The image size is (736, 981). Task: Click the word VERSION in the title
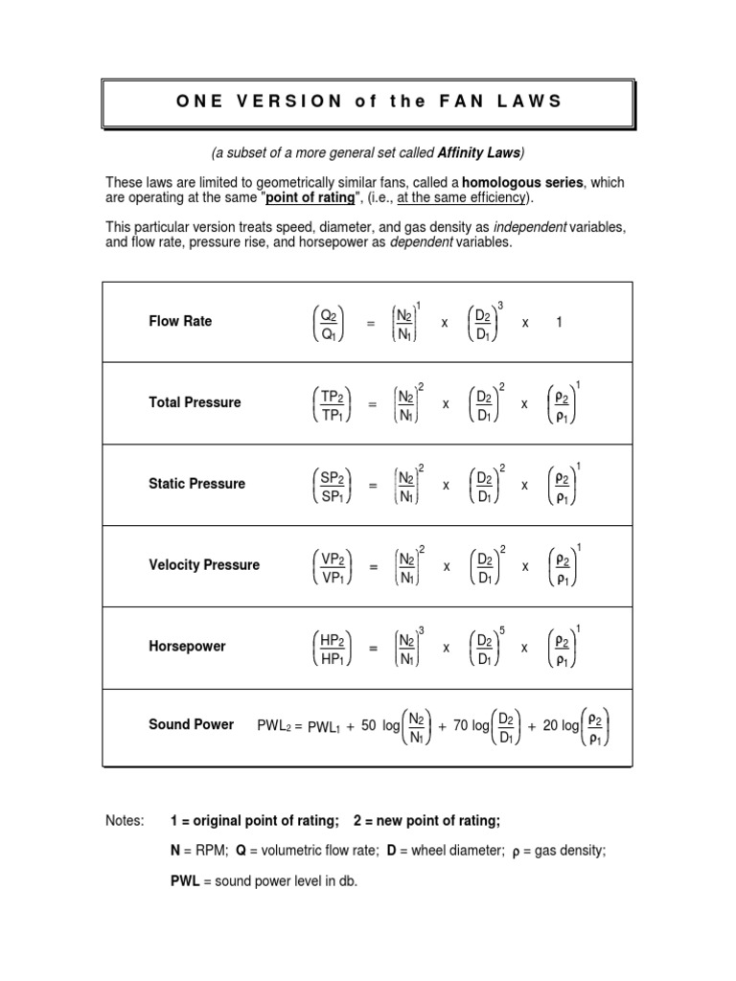coord(287,102)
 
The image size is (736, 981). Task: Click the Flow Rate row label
coord(180,321)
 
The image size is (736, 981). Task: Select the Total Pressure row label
coord(195,402)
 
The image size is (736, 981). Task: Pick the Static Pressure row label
coord(196,484)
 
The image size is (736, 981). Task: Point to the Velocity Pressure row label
coord(203,565)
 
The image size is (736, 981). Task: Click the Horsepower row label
coord(187,647)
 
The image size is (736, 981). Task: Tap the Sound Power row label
coord(191,724)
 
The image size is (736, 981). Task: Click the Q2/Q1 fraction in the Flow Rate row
coord(329,322)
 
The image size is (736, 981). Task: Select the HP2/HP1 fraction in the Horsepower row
coord(329,648)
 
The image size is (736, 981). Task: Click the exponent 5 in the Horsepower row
coord(502,629)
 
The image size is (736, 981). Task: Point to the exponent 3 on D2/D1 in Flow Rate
coord(501,305)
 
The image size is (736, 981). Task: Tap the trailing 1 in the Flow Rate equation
coord(559,323)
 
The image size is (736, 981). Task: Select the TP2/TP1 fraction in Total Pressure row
coord(329,403)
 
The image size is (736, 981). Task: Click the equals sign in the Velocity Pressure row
coord(372,567)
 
